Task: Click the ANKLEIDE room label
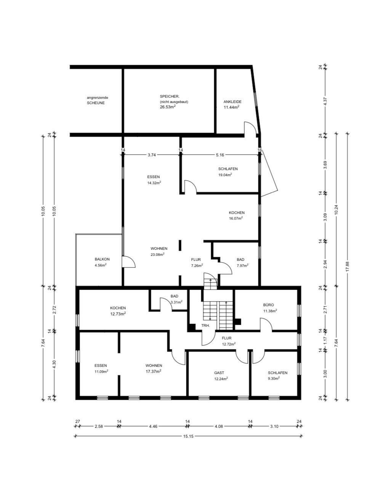tap(232, 102)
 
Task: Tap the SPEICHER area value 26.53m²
tap(168, 107)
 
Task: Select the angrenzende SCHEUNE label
tap(95, 100)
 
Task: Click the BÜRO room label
tap(268, 305)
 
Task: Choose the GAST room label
tap(219, 373)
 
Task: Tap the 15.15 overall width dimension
tap(189, 436)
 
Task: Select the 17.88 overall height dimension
tap(347, 266)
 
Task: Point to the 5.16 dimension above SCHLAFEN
tap(220, 155)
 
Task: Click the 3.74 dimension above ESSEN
tap(152, 155)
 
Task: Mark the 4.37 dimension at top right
tap(325, 101)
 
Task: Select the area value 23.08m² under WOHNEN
tap(157, 254)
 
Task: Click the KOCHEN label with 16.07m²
tap(236, 213)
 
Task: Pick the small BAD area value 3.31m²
tap(176, 302)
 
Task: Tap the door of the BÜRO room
tap(266, 325)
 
